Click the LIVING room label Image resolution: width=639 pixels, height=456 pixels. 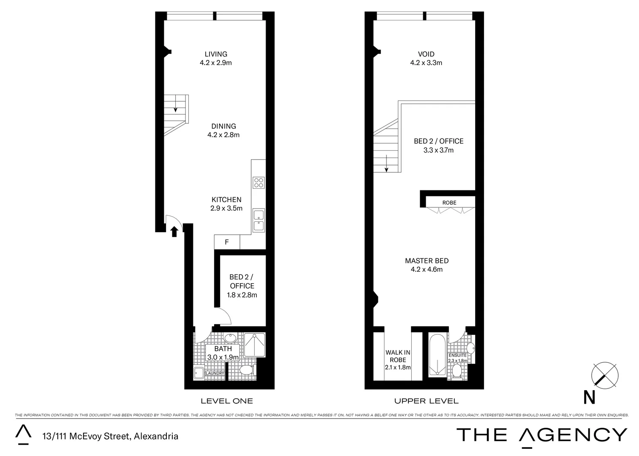[x=216, y=54]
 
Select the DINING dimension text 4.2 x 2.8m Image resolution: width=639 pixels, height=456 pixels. [x=223, y=135]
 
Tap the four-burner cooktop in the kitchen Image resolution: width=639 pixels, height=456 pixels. [x=258, y=182]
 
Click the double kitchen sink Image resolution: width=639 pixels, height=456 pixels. [x=258, y=220]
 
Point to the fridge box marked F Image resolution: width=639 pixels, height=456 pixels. [x=227, y=242]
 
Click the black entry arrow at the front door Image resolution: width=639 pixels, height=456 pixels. [x=174, y=231]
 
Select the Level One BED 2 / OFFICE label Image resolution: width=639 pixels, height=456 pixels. [x=242, y=281]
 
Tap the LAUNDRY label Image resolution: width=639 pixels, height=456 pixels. [x=215, y=373]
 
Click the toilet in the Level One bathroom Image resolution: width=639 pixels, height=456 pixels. [x=246, y=371]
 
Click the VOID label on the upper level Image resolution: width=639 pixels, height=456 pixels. [x=426, y=54]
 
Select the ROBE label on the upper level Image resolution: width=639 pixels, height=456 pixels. [x=449, y=203]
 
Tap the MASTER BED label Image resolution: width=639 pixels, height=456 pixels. [x=427, y=261]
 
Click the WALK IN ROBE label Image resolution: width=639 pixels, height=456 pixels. [x=398, y=356]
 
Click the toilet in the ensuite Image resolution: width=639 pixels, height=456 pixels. [x=457, y=371]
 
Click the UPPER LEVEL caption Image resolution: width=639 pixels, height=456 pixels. [x=426, y=401]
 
